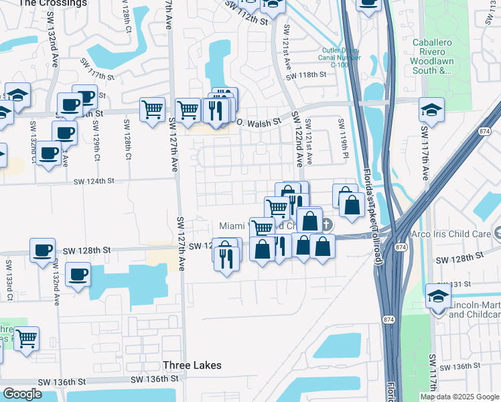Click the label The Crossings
[x=53, y=3]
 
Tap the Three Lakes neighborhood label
[x=192, y=366]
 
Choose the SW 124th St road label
[x=94, y=182]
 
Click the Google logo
[x=22, y=393]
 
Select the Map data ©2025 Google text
[x=459, y=397]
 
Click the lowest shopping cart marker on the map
[x=26, y=340]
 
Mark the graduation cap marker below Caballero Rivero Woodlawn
[x=432, y=111]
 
